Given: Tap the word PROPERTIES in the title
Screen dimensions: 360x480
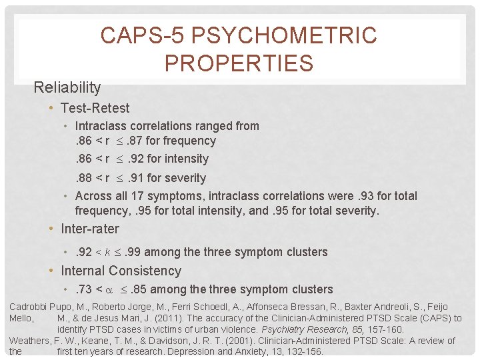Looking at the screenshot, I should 239,63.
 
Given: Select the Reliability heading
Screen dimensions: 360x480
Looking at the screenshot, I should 67,87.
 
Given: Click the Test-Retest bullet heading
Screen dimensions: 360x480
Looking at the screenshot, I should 95,108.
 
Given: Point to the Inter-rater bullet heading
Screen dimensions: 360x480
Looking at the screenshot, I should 89,229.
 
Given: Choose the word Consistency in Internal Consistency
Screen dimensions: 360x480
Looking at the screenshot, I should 149,271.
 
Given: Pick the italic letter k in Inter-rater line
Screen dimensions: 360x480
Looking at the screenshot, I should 107,252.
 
